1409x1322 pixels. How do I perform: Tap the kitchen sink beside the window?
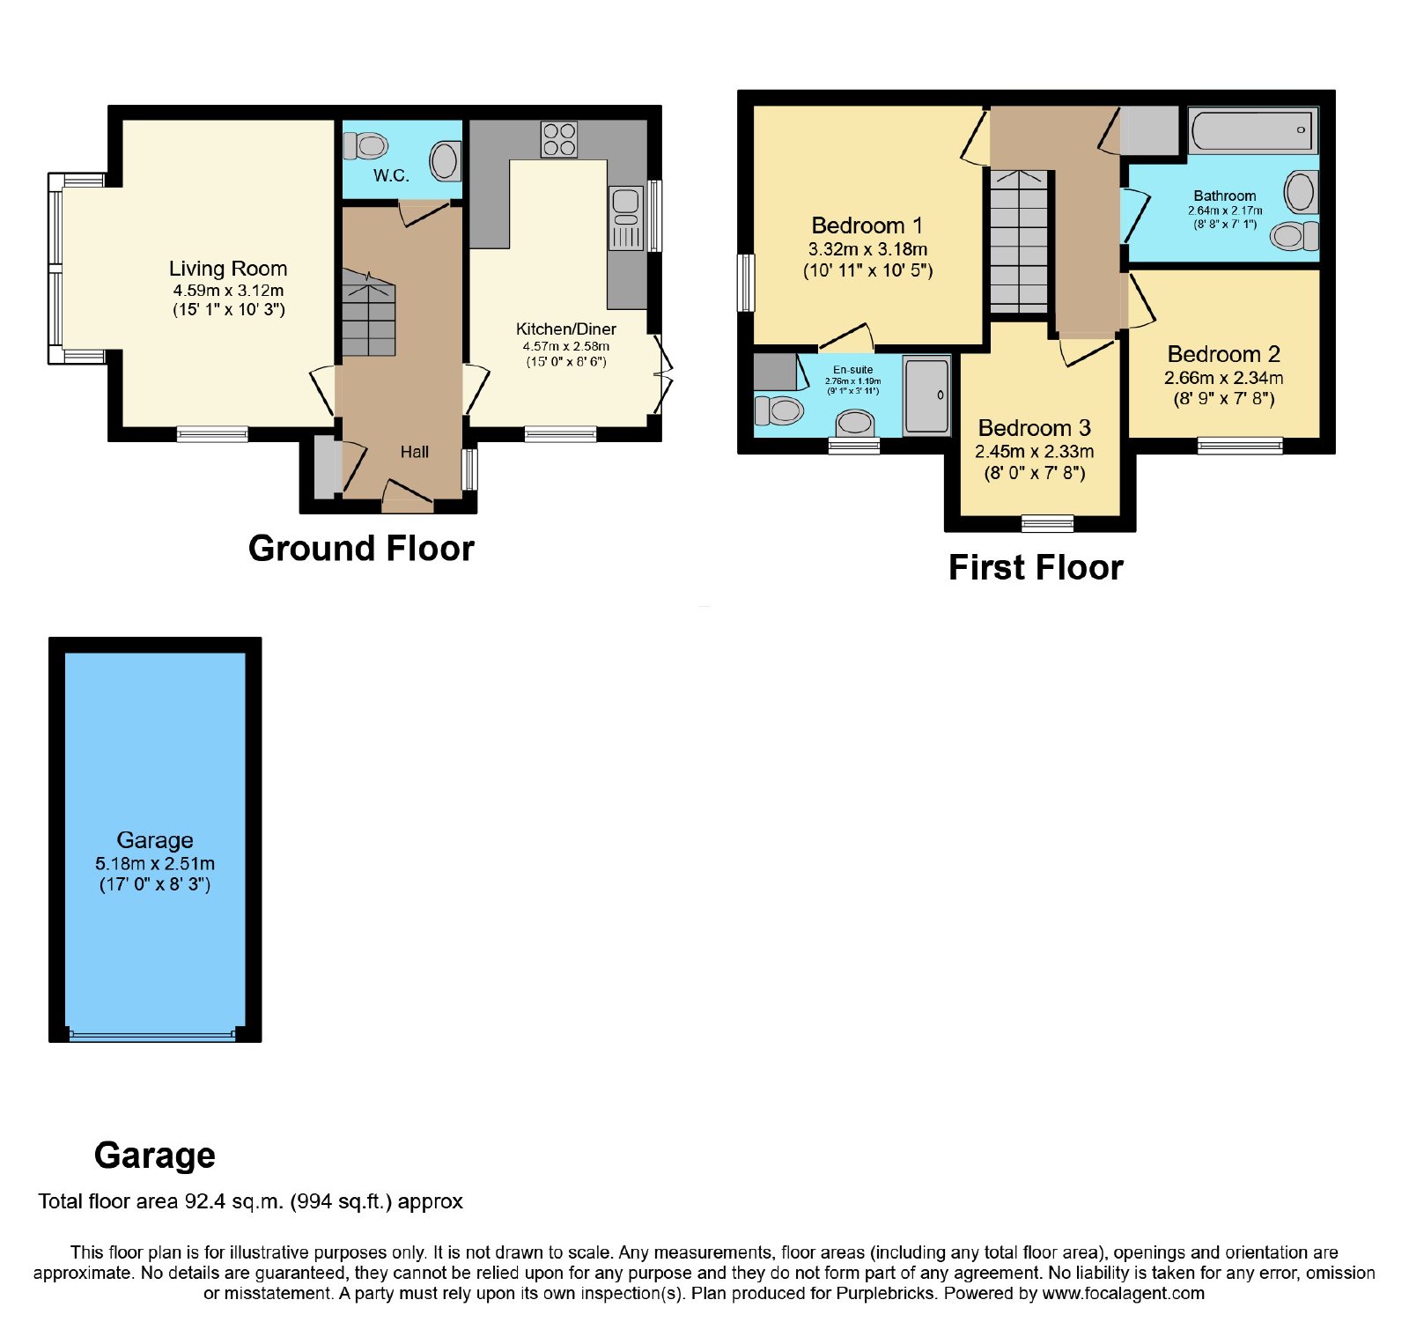click(x=626, y=218)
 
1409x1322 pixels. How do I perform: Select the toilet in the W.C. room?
click(x=365, y=145)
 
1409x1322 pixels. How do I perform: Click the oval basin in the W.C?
click(x=445, y=161)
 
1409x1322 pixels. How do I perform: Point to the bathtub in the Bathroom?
click(x=1252, y=131)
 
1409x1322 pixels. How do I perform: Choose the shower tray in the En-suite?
click(x=927, y=395)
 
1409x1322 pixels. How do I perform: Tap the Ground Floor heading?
click(x=361, y=549)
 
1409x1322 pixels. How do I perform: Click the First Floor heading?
click(x=1036, y=568)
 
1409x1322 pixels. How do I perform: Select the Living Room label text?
click(x=228, y=269)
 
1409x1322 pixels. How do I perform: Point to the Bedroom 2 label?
click(x=1223, y=354)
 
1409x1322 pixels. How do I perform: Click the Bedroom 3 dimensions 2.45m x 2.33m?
click(x=1035, y=452)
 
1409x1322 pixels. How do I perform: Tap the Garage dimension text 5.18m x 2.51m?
click(x=155, y=864)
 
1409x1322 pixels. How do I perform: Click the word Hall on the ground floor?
click(x=414, y=452)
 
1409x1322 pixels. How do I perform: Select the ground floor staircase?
click(x=369, y=314)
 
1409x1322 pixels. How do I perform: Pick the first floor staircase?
click(x=1020, y=240)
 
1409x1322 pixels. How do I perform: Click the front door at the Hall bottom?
click(x=408, y=496)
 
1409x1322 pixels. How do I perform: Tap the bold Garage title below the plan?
click(x=155, y=1156)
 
